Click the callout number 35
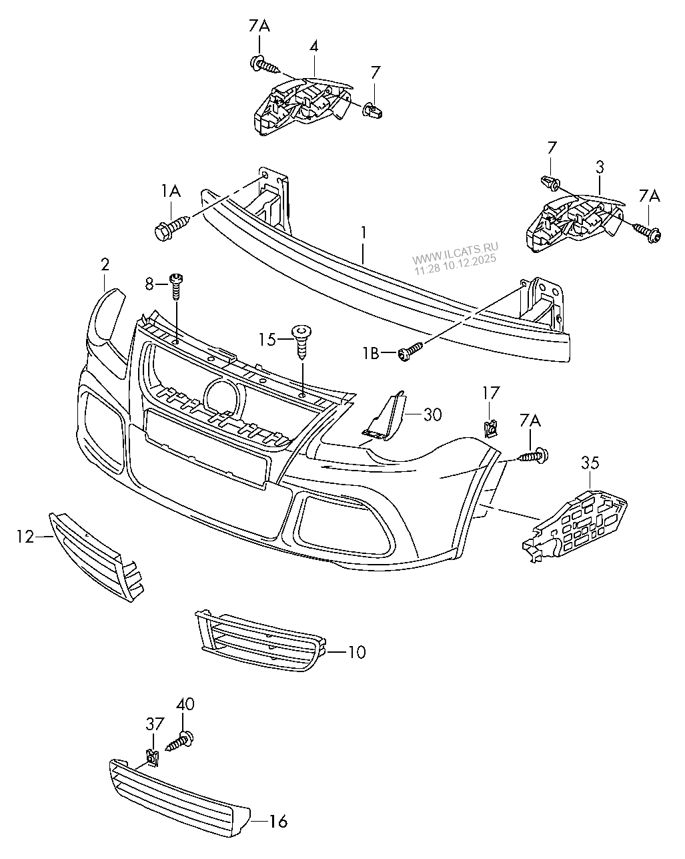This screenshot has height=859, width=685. (590, 463)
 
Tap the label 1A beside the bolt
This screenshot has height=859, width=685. (170, 192)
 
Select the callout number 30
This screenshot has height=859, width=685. (432, 414)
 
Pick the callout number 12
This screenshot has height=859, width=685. (25, 536)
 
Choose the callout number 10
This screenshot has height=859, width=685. (357, 651)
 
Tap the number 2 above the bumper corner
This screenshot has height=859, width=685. (105, 265)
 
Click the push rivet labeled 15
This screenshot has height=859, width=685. (303, 339)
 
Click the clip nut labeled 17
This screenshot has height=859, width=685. (490, 426)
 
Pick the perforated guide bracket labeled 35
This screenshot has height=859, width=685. (577, 521)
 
